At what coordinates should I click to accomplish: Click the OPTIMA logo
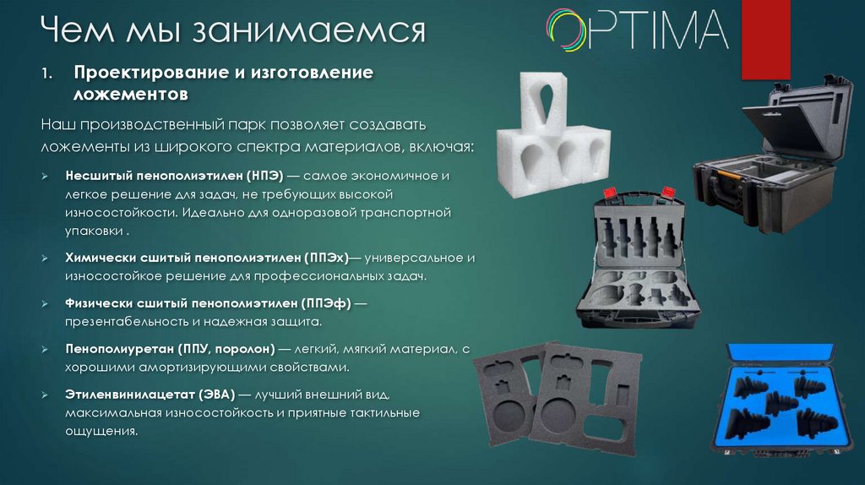637,30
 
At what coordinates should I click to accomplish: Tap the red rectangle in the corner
765,40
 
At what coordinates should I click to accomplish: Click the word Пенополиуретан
119,349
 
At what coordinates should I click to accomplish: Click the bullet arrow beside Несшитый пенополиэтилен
45,176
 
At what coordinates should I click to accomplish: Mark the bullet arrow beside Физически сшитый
45,304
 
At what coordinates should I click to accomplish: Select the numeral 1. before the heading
47,73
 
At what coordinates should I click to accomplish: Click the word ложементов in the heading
131,95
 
